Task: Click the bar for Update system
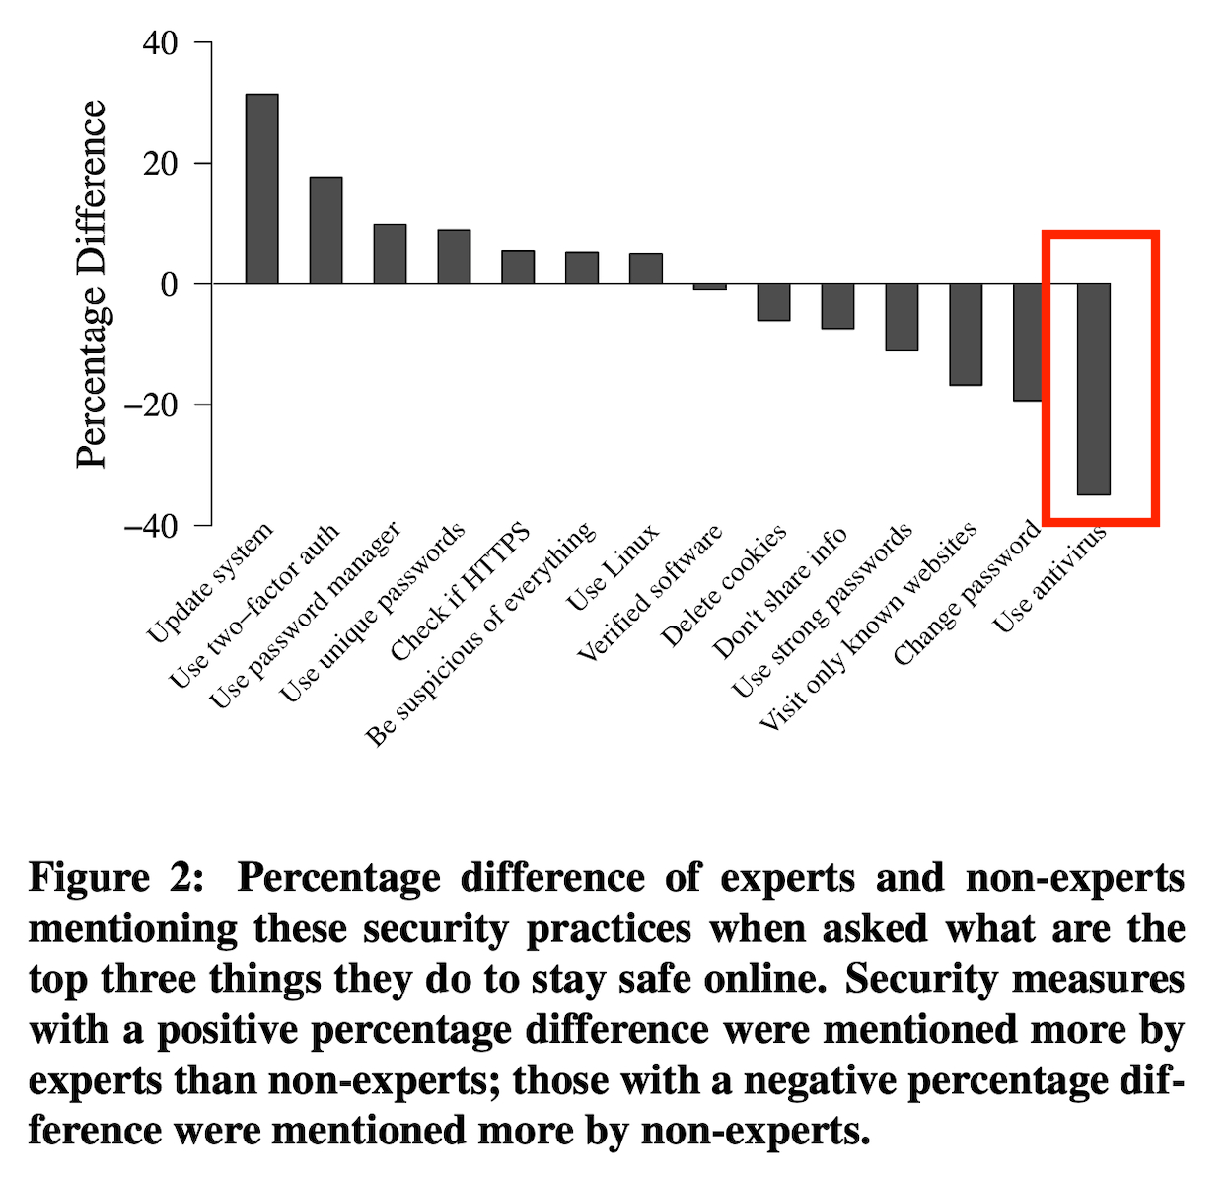pos(261,188)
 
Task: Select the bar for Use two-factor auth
pos(325,230)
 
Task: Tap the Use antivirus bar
pos(1093,389)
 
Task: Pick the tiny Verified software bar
pos(709,287)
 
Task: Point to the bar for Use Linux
pos(645,268)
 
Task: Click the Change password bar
pos(1027,342)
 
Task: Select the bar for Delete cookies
pos(773,302)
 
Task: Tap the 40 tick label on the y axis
pos(160,43)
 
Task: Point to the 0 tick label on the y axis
pos(169,284)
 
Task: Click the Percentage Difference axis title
pos(91,284)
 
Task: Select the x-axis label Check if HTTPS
pos(460,592)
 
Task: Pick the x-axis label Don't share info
pos(779,592)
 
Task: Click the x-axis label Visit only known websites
pos(868,626)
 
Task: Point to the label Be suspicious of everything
pos(480,632)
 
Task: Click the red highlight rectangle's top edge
pos(1100,236)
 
